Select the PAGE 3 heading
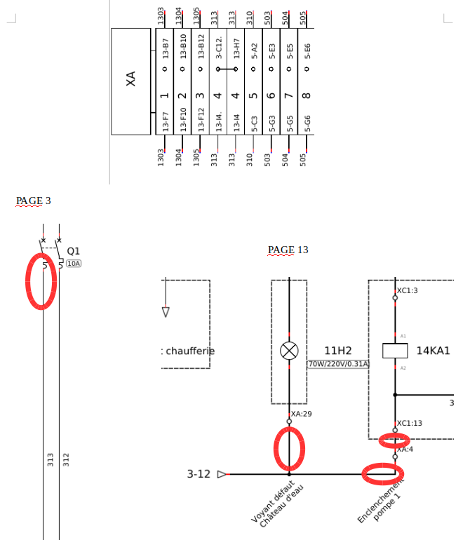(x=34, y=201)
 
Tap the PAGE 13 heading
(x=288, y=250)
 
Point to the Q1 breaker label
(x=74, y=251)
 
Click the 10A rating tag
(x=74, y=264)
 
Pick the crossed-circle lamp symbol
(x=289, y=351)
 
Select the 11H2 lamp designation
(x=337, y=351)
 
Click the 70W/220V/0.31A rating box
(x=338, y=364)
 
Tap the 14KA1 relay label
(x=434, y=351)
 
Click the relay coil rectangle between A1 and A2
(x=395, y=351)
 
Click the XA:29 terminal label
(x=302, y=414)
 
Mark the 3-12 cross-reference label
(x=199, y=474)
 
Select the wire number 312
(x=66, y=459)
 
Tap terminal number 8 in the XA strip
(x=307, y=96)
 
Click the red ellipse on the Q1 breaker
(x=41, y=280)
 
